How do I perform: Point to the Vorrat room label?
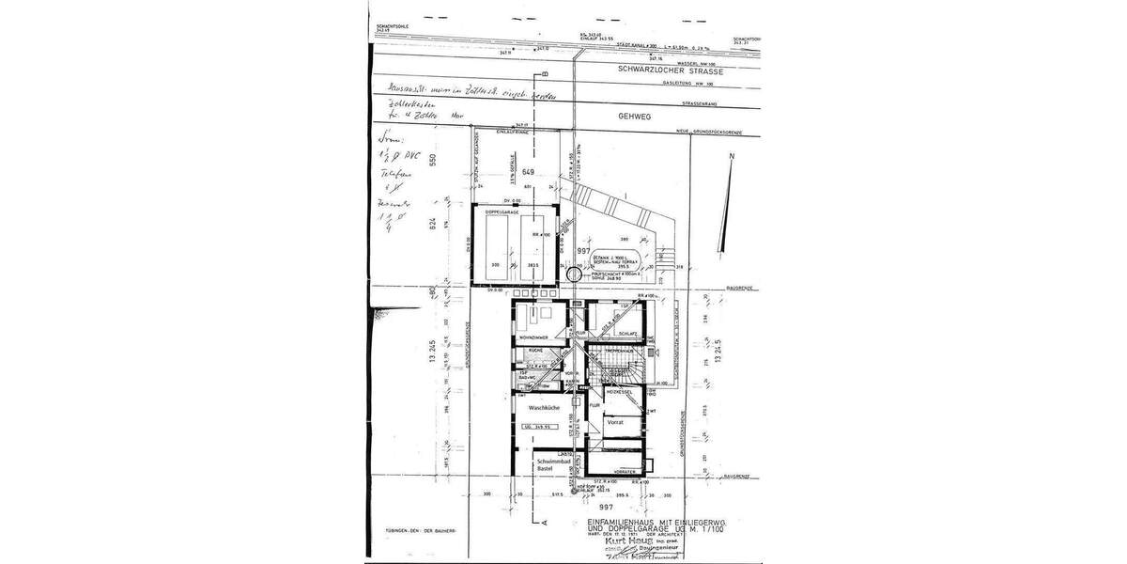[x=616, y=423]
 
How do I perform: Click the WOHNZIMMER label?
[x=532, y=337]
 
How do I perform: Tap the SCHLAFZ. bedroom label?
[x=626, y=334]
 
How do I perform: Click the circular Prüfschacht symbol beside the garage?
[x=575, y=274]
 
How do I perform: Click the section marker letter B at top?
[x=545, y=77]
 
